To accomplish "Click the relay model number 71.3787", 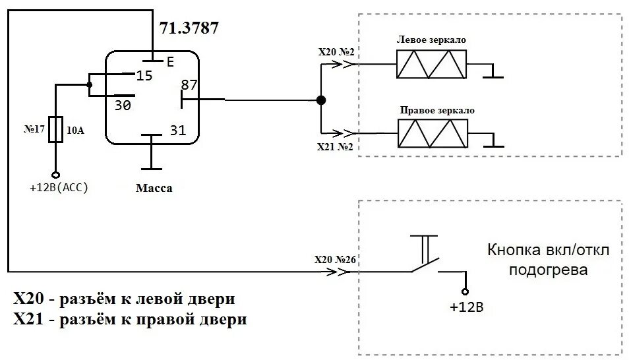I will [x=189, y=28].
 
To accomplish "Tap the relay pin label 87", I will [x=190, y=85].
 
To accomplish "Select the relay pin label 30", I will [x=123, y=105].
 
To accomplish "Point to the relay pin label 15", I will [x=144, y=76].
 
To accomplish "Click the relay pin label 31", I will [x=178, y=130].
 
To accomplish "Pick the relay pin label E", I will [x=169, y=62].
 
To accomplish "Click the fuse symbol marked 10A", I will [x=57, y=130].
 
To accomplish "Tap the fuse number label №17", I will [x=34, y=130].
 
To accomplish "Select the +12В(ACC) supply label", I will [x=59, y=187].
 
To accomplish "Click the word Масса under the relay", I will [x=154, y=188].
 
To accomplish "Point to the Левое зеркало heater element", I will [x=431, y=65].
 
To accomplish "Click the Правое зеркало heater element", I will [x=431, y=134].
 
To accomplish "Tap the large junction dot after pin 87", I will [x=320, y=100].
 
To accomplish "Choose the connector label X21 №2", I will [x=336, y=146].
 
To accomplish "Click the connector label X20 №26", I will [x=336, y=259].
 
